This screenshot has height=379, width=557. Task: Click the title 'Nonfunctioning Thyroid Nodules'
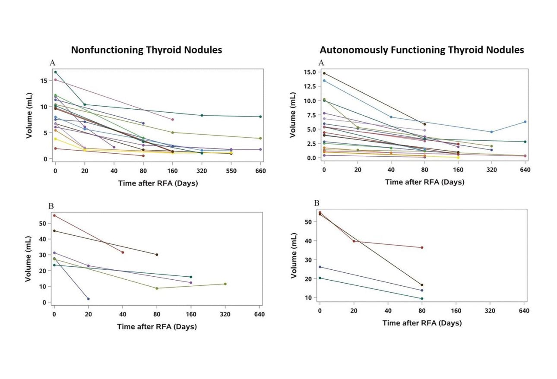146,50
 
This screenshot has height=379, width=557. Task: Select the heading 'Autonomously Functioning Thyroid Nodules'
421,50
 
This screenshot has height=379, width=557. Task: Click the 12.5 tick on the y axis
309,86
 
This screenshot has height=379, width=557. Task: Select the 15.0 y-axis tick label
309,72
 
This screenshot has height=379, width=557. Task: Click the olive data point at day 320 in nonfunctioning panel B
225,284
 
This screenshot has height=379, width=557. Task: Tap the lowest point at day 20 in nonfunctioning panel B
89,299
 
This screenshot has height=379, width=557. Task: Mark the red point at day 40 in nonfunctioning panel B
123,253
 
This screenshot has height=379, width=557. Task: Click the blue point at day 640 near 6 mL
525,122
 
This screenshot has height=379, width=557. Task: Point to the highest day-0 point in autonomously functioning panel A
324,73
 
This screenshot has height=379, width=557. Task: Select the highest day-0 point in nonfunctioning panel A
55,72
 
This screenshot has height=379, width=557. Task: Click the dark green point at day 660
260,117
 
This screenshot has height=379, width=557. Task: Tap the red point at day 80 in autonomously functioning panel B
422,248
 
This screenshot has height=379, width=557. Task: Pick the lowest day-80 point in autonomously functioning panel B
422,299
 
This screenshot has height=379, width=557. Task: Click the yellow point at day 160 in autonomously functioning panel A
458,158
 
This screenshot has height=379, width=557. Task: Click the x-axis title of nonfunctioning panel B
157,327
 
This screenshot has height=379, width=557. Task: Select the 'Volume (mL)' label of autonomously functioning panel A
292,115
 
